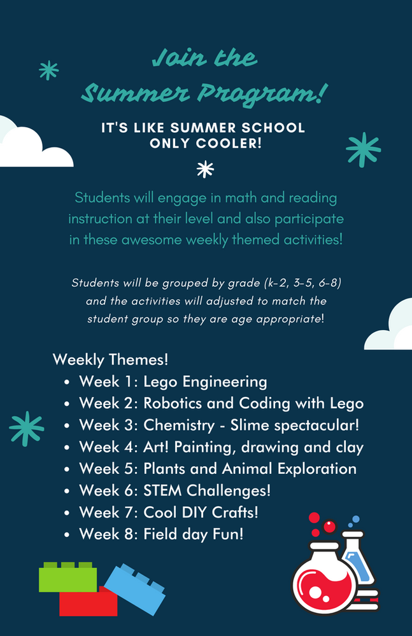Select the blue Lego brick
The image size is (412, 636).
point(136,588)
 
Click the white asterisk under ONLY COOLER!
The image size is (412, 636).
point(205,169)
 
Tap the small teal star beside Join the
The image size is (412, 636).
point(48,70)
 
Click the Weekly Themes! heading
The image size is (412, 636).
point(111,359)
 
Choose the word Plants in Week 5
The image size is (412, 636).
point(166,469)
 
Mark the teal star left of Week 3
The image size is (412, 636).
point(26,428)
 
